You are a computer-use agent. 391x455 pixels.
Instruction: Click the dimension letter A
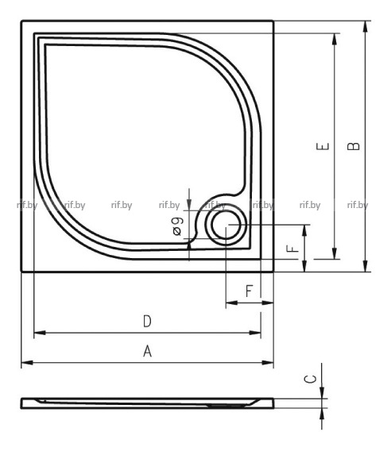[148, 351]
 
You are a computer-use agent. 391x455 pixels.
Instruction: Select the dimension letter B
[354, 146]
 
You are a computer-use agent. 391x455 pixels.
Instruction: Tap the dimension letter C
[310, 379]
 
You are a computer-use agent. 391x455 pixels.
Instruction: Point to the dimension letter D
[148, 322]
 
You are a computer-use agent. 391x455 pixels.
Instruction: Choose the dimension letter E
[323, 146]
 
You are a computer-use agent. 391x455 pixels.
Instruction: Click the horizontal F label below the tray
[249, 291]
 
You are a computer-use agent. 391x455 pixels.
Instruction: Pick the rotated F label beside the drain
[292, 249]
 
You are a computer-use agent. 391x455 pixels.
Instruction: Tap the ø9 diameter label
[177, 226]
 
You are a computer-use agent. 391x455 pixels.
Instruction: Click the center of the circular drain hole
[226, 225]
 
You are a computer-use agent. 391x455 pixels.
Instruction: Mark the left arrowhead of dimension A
[27, 362]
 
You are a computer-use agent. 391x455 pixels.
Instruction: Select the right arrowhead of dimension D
[255, 333]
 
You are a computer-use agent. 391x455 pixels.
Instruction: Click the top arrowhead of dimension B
[366, 26]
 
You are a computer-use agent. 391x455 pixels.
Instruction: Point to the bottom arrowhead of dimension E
[335, 253]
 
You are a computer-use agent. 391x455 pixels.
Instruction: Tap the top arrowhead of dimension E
[335, 39]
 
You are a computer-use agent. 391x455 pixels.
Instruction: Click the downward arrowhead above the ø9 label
[189, 205]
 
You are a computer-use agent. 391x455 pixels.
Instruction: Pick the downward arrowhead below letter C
[322, 392]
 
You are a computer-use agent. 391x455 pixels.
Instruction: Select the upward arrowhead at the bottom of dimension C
[322, 414]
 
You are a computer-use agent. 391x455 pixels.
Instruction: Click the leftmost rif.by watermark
[27, 205]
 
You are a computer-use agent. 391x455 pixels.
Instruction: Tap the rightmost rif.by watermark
[358, 205]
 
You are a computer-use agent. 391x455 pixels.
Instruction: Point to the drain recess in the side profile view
[227, 406]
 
